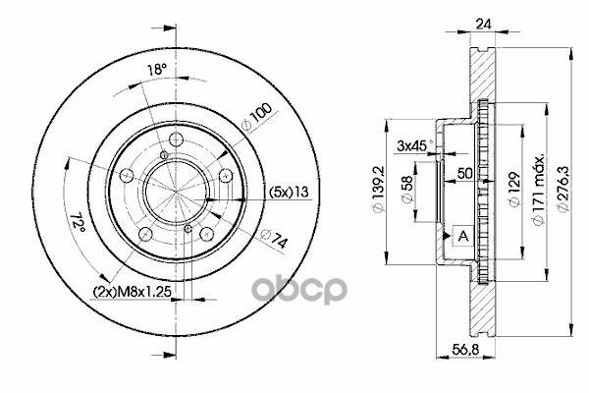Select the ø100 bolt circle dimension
(258, 120)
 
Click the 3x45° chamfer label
(412, 146)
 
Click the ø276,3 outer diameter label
(563, 188)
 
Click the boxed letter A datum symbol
(460, 236)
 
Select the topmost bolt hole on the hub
(176, 140)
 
